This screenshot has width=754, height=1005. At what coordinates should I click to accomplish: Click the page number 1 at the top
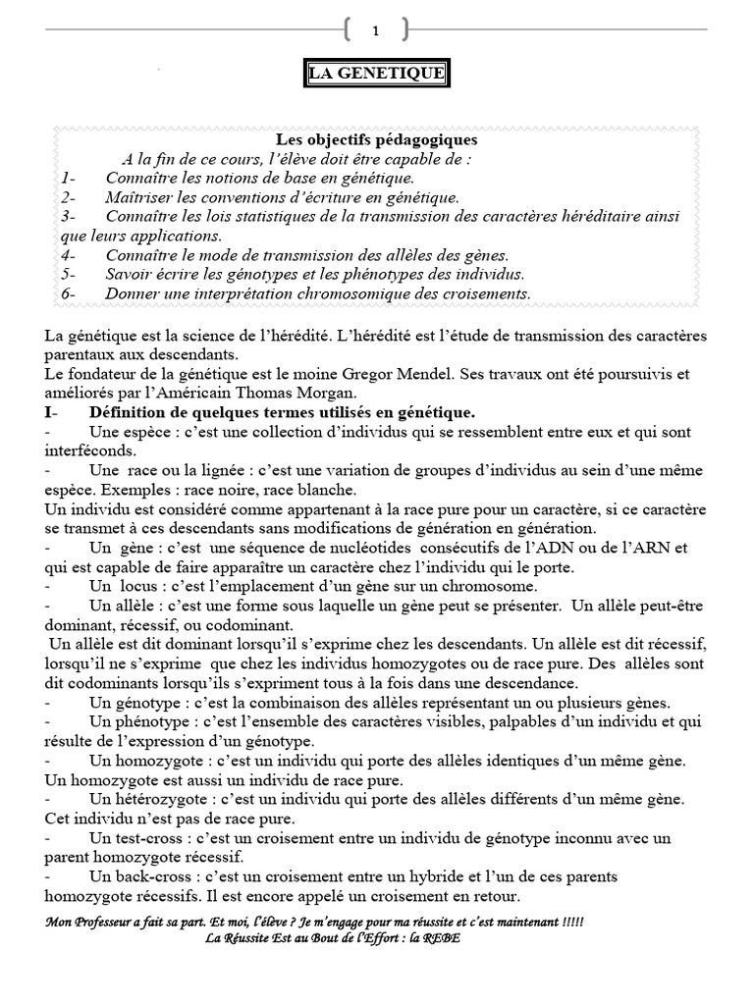point(375,31)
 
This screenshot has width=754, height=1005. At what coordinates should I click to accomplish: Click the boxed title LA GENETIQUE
point(376,75)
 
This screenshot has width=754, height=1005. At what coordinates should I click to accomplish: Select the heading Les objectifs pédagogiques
point(376,140)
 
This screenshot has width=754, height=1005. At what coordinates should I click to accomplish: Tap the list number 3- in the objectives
point(68,215)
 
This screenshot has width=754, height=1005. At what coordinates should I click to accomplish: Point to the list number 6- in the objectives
point(68,293)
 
